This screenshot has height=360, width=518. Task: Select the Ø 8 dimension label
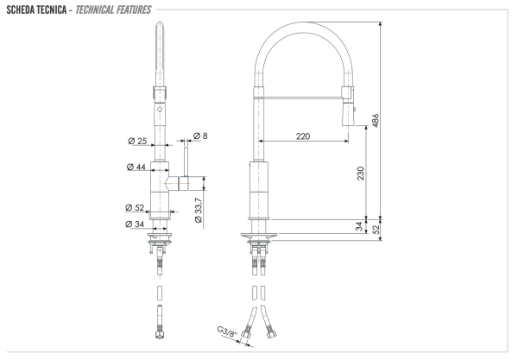pos(205,136)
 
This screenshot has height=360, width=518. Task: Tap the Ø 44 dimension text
pos(136,167)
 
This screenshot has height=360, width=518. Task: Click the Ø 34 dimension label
pos(135,224)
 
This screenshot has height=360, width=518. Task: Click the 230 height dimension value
pos(359,173)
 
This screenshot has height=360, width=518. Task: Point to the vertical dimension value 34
pos(359,226)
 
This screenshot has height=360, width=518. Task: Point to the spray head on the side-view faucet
pos(349,102)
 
